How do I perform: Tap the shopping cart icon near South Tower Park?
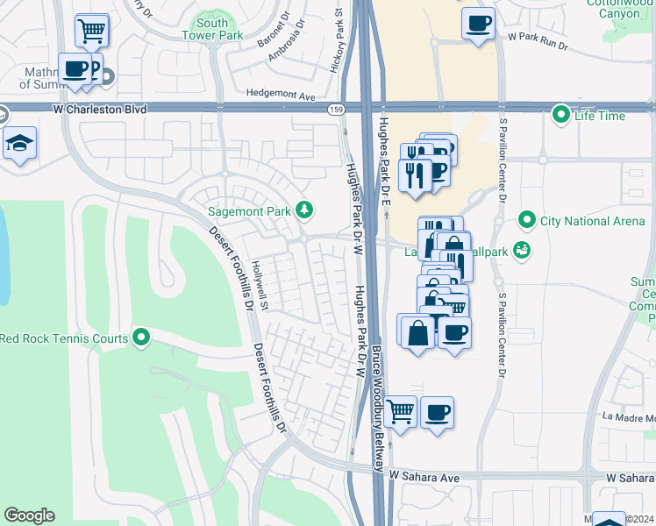(x=92, y=31)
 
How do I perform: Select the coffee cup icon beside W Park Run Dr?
(x=478, y=24)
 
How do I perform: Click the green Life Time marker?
(x=560, y=115)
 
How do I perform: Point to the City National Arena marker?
(x=527, y=220)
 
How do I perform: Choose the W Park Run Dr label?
(x=543, y=38)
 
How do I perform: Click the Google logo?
(x=29, y=515)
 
